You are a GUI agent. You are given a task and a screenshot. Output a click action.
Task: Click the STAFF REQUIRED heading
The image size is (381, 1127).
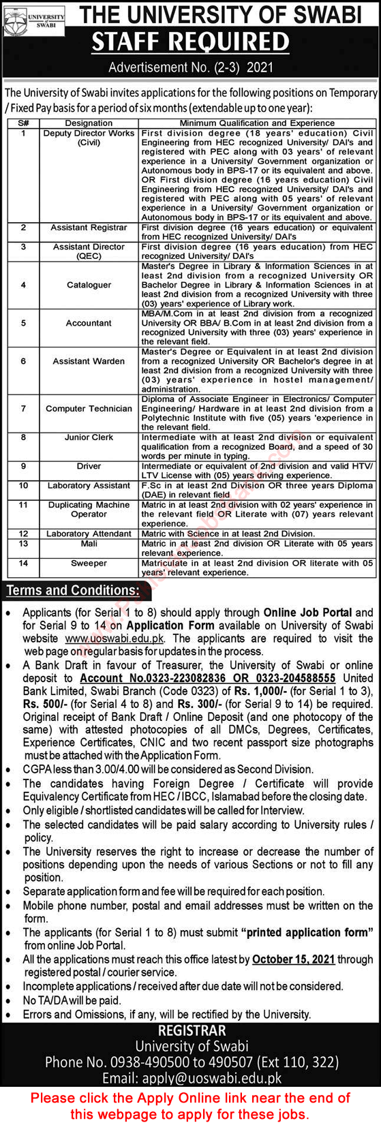coord(190,42)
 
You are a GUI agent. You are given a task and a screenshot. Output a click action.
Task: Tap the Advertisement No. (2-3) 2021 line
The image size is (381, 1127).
coord(190,68)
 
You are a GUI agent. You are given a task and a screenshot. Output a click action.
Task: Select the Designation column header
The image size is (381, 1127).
coord(89,123)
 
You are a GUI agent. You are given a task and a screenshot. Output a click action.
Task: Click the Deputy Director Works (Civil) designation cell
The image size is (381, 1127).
coord(89,138)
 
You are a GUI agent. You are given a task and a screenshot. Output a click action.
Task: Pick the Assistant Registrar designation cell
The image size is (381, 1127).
coord(89,228)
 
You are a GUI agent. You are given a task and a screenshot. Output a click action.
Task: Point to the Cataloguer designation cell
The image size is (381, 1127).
coord(89,285)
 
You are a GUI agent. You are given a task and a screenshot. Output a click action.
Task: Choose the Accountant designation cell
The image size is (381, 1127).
coord(89,323)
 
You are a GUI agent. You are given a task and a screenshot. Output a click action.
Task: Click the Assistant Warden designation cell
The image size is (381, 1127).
coord(89,361)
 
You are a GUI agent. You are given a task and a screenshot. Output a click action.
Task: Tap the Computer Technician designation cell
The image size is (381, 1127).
coord(89,409)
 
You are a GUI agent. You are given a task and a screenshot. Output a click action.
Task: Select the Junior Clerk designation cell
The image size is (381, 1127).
coord(89,437)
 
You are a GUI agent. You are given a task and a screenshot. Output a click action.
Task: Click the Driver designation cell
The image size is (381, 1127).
coord(89,466)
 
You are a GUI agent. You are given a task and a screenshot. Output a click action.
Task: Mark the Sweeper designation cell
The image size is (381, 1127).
coord(89,563)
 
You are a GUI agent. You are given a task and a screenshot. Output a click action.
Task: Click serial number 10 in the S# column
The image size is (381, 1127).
coord(23,486)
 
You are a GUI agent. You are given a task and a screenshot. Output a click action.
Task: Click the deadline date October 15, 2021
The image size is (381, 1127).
coord(293,959)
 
